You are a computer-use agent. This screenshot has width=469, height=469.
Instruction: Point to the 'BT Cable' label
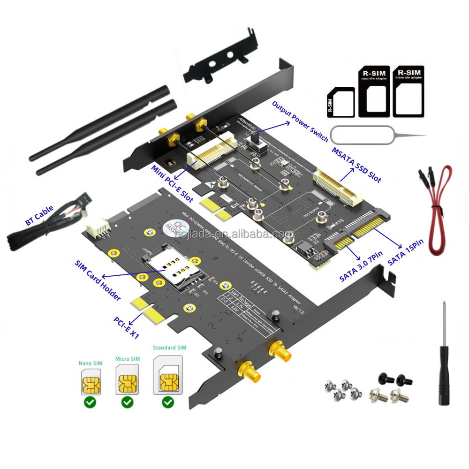(x=40, y=215)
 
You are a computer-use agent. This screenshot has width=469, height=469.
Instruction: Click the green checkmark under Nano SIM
(x=91, y=402)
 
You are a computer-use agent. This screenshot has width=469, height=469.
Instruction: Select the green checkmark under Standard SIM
(x=168, y=402)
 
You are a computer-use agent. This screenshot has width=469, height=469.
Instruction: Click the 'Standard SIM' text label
(x=169, y=348)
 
